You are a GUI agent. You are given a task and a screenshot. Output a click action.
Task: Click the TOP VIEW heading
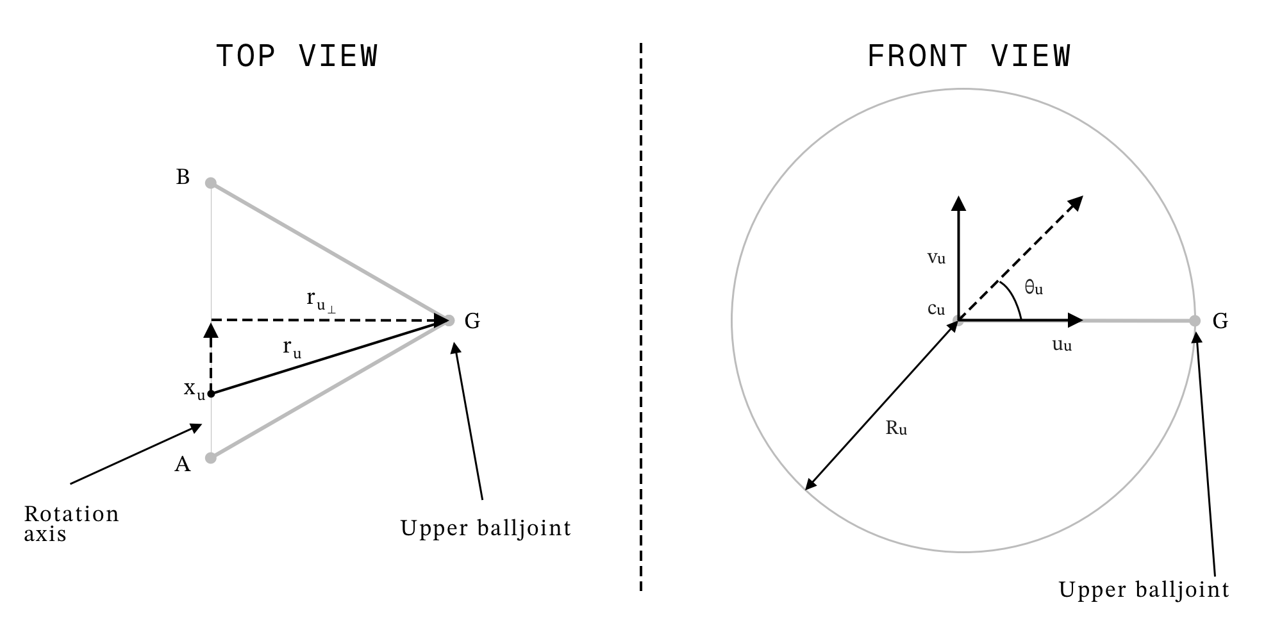tap(297, 56)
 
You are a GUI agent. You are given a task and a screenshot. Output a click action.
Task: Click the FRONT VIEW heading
tap(969, 56)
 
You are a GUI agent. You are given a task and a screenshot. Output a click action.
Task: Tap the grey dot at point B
tap(210, 183)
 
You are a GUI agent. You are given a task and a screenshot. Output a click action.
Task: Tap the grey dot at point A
tap(210, 458)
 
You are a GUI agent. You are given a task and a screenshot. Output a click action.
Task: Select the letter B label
tap(183, 177)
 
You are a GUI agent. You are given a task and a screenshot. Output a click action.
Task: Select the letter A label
tap(183, 464)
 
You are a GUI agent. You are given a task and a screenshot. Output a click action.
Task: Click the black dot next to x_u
tap(211, 394)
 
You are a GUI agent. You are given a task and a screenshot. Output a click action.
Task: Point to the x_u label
tap(194, 389)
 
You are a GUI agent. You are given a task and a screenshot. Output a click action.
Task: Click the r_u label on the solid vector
tap(292, 347)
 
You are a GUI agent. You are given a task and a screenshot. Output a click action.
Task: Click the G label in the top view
tap(472, 321)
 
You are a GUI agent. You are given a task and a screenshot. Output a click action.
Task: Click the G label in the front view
tap(1220, 321)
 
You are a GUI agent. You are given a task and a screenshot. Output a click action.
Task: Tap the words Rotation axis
tap(71, 524)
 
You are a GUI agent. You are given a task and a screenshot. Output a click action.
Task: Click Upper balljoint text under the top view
tap(486, 528)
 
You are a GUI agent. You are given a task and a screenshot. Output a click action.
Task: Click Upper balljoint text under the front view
tap(1144, 590)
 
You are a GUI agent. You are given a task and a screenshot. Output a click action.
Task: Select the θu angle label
tap(1033, 288)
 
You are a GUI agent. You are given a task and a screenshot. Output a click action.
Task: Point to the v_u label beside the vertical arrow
tap(937, 258)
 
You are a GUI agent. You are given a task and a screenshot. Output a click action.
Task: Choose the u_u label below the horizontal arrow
tap(1062, 345)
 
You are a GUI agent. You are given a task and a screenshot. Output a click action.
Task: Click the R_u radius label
tap(896, 428)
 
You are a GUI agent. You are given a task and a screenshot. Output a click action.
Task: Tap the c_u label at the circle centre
tap(937, 309)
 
